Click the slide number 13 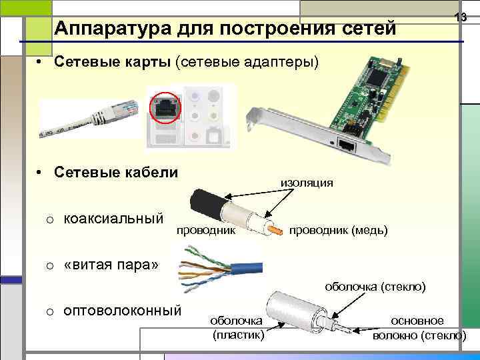point(460,18)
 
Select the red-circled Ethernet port point(163,106)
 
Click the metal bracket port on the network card point(346,144)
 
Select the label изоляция point(307,182)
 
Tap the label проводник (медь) point(338,230)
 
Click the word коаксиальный point(114,219)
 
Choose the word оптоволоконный point(123,311)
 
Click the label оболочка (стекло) point(375,287)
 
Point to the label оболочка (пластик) point(238,327)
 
